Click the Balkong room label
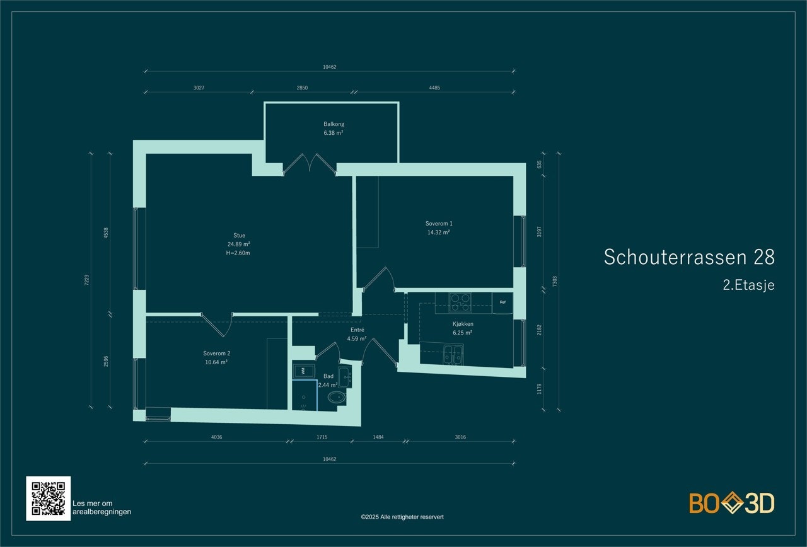pos(334,124)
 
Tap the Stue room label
pos(239,236)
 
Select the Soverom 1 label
pos(439,223)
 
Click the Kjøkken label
pos(463,324)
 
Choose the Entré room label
pos(357,330)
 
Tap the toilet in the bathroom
pos(337,397)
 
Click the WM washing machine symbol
pos(303,370)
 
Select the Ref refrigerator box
pos(502,302)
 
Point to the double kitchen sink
pos(453,354)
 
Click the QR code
pos(49,498)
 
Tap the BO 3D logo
pos(731,503)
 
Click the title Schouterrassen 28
pos(689,257)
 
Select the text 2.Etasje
pos(748,285)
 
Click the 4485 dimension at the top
pos(434,88)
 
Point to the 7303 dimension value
pos(555,280)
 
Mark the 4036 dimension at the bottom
pos(216,437)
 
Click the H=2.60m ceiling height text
pos(239,253)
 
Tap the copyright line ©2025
pos(402,517)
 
